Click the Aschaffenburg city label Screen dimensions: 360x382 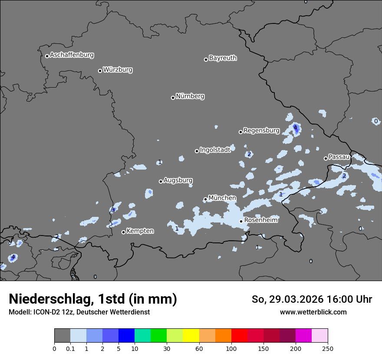tap(72, 55)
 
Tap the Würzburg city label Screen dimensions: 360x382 tap(118, 70)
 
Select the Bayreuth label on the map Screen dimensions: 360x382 tap(223, 58)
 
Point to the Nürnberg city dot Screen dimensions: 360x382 tap(173, 98)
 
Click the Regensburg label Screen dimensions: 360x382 tap(261, 131)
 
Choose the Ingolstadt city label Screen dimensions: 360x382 tap(215, 150)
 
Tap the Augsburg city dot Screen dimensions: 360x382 tap(161, 181)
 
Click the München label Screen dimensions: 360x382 tap(222, 198)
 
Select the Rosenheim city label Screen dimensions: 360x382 tap(260, 220)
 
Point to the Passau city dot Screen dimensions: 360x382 tap(326, 158)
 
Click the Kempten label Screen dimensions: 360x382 tap(140, 231)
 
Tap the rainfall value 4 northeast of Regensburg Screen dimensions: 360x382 tap(295, 128)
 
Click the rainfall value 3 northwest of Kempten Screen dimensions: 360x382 tap(113, 210)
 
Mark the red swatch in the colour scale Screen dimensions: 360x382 tap(239, 336)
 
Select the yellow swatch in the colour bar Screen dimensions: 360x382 tap(191, 336)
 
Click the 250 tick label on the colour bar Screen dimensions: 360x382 tap(327, 348)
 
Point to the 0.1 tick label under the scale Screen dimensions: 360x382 tap(70, 348)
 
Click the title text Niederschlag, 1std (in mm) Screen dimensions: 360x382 tap(93, 299)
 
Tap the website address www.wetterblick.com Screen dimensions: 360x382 tap(313, 312)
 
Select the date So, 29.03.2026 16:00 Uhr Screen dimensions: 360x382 tap(312, 299)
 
